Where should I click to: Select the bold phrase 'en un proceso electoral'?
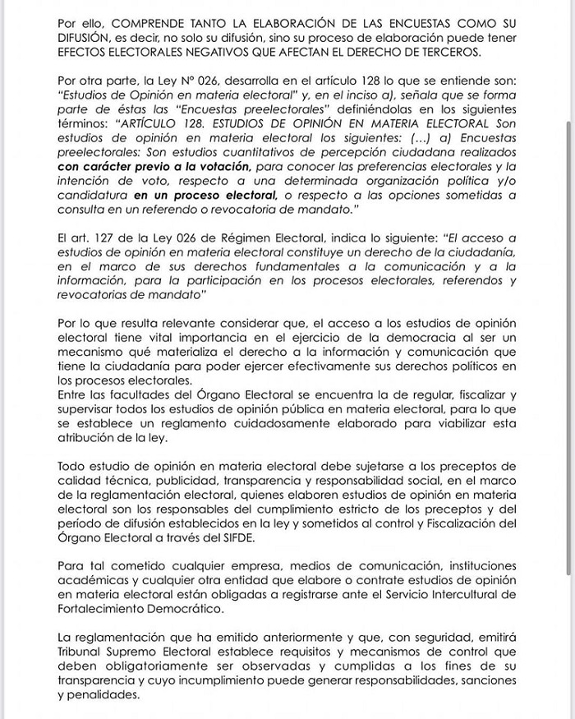coord(205,196)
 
